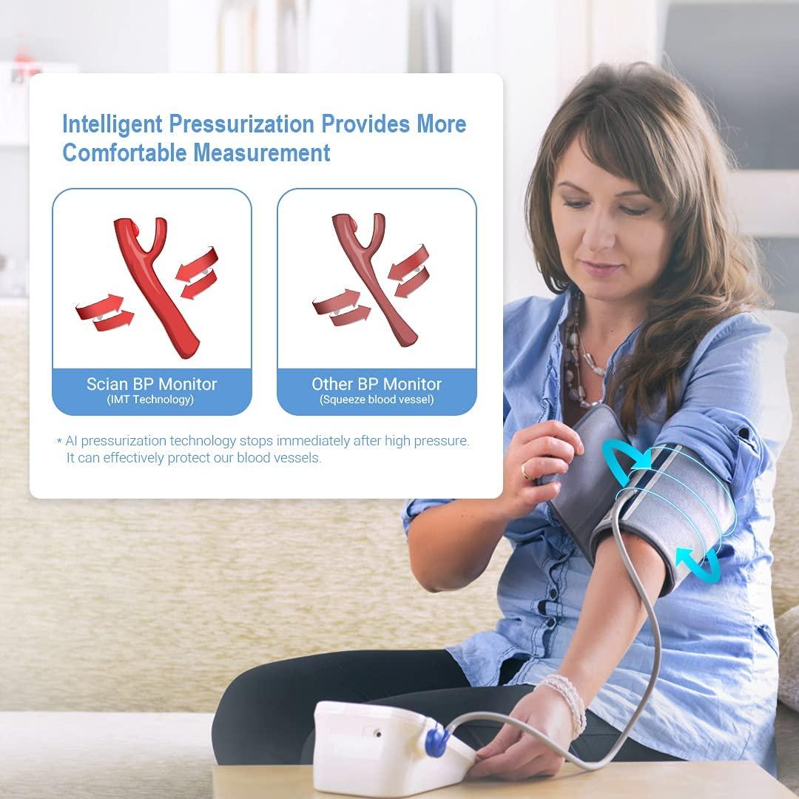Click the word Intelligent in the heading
[x=112, y=124]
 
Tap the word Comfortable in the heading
[x=124, y=153]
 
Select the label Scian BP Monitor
[x=152, y=384]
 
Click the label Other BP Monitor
[x=377, y=384]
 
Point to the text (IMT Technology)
[x=152, y=400]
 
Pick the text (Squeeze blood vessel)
[x=377, y=400]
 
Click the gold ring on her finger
[x=525, y=471]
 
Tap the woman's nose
[x=592, y=237]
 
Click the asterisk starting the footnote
[x=59, y=442]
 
